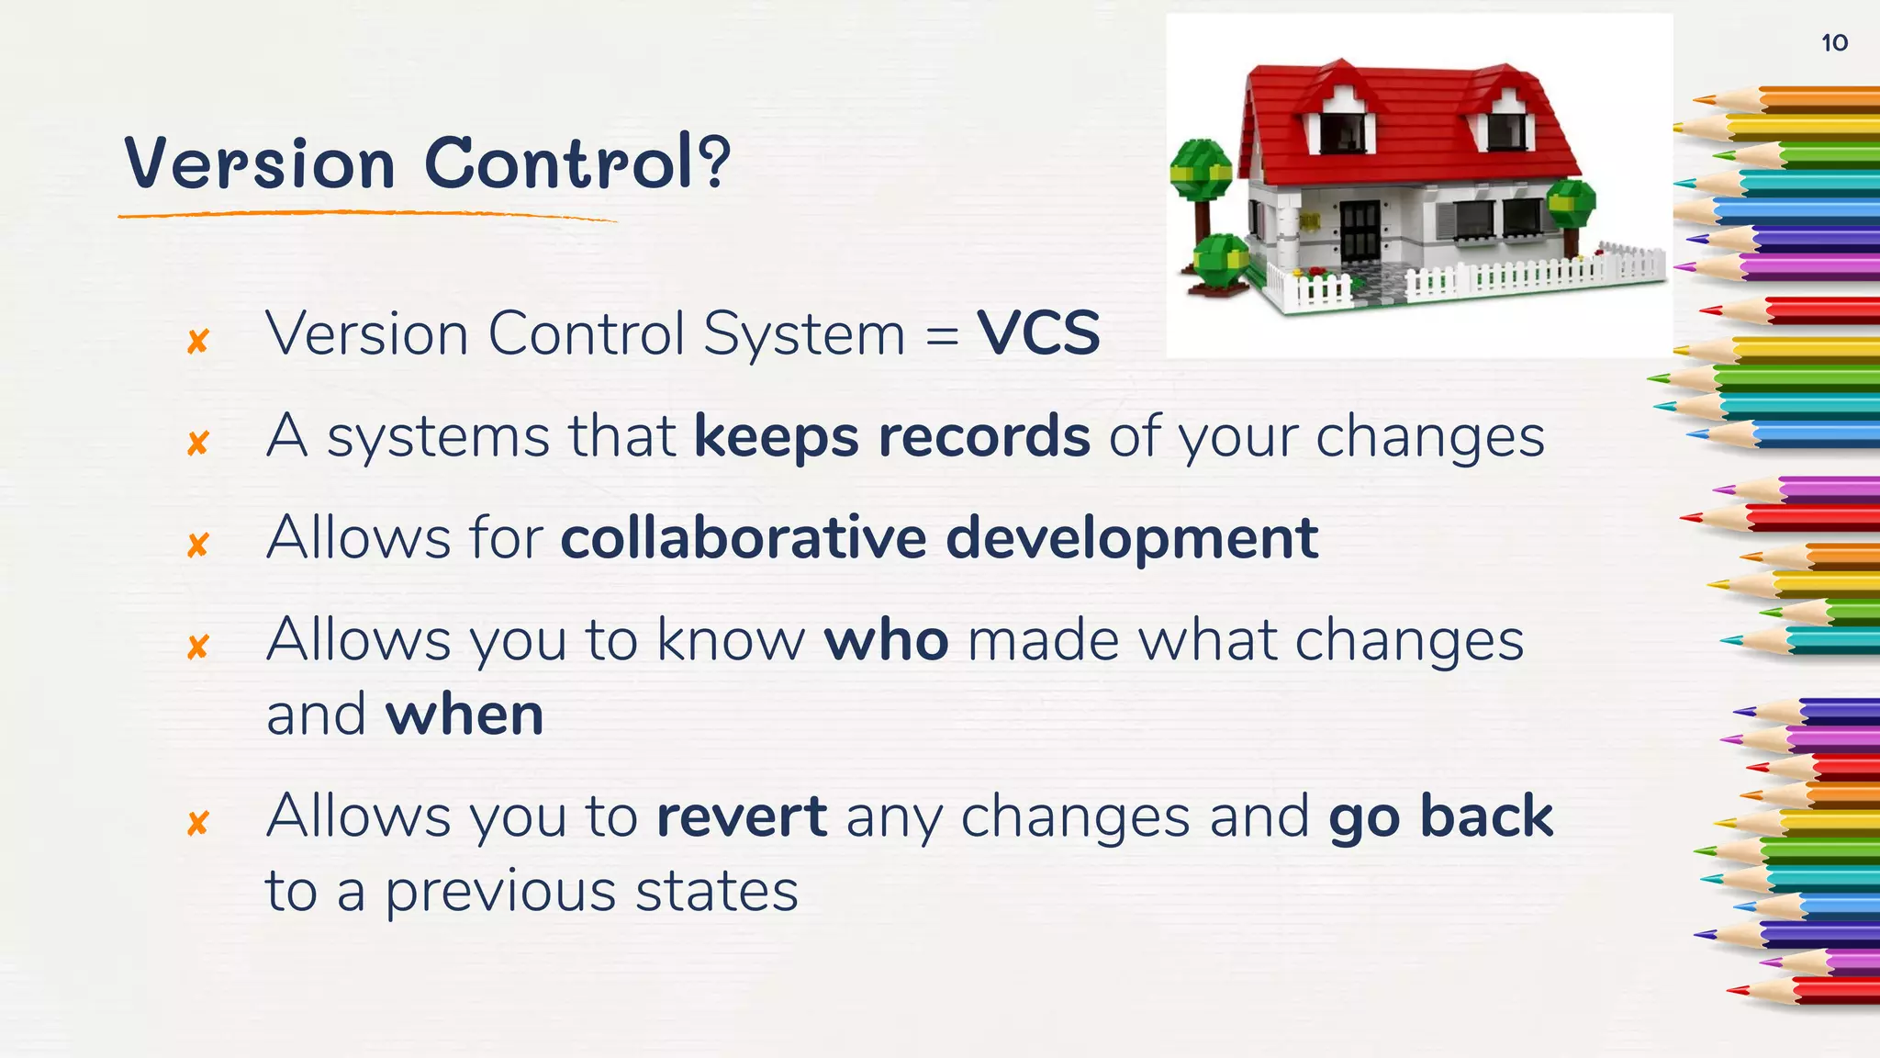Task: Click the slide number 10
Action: point(1833,43)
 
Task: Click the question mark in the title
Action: point(713,161)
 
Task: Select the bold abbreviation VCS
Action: point(1038,333)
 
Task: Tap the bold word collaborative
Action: point(743,538)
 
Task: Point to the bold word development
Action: point(1131,540)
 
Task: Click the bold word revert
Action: point(741,816)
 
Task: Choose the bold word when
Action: point(464,715)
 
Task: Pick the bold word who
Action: point(886,640)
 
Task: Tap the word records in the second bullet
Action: point(984,436)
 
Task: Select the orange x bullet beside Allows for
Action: point(197,546)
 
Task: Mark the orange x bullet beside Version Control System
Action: point(197,342)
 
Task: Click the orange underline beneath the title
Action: point(367,215)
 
